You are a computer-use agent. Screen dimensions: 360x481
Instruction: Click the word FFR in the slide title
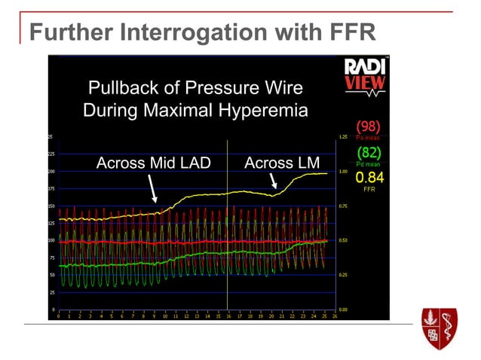click(x=348, y=33)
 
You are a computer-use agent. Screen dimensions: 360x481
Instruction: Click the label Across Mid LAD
click(x=154, y=163)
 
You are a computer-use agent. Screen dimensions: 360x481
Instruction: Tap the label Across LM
click(x=283, y=163)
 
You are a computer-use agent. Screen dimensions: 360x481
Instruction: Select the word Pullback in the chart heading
click(x=120, y=89)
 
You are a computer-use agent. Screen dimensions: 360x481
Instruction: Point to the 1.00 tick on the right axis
click(x=342, y=172)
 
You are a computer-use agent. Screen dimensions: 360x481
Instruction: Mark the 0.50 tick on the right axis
click(x=342, y=240)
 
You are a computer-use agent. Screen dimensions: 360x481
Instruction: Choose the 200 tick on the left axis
click(x=51, y=172)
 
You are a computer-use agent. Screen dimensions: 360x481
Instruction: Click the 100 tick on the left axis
click(x=51, y=240)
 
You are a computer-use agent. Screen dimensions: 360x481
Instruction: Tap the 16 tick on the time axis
click(x=228, y=316)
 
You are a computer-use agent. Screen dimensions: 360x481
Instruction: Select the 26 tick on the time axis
click(x=334, y=316)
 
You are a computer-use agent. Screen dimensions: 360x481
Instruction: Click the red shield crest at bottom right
click(x=440, y=328)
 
